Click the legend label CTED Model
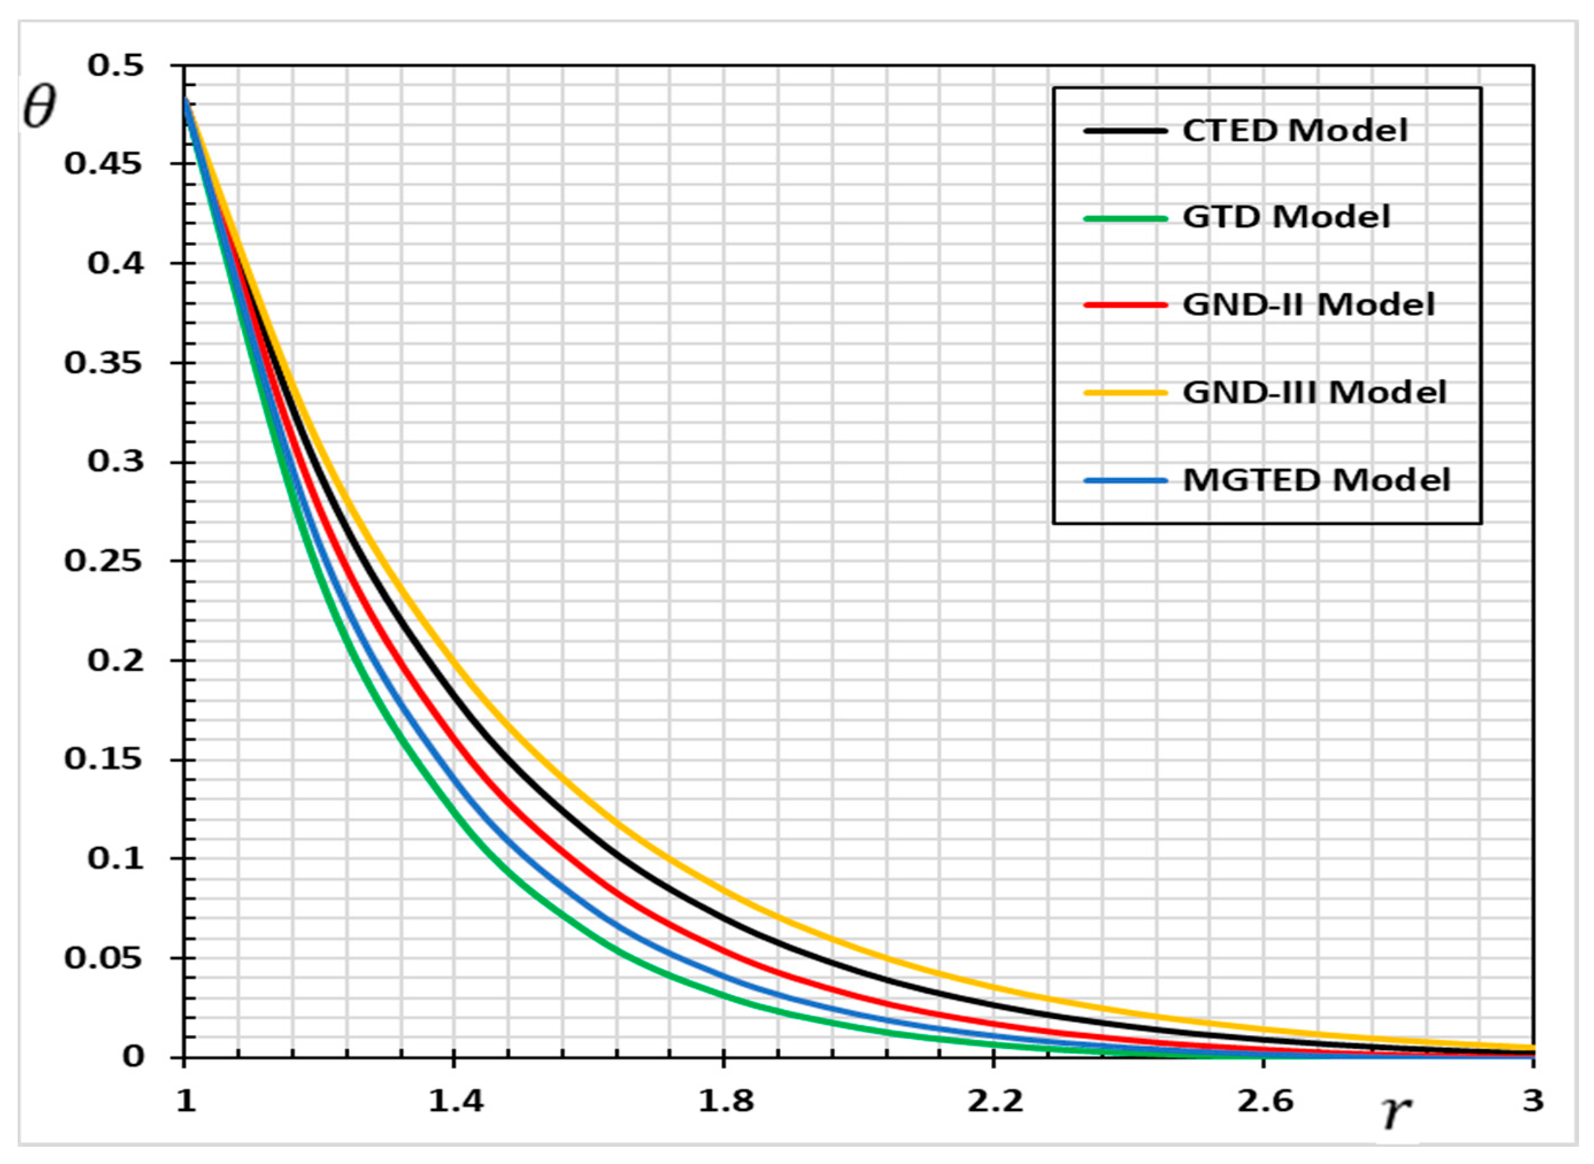point(1295,131)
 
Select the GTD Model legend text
point(1286,217)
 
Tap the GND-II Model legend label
point(1308,305)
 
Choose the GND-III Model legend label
point(1314,392)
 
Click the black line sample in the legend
point(1125,131)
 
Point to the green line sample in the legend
point(1125,218)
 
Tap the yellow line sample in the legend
point(1125,392)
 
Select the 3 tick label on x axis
point(1533,1100)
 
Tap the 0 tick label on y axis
point(133,1057)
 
